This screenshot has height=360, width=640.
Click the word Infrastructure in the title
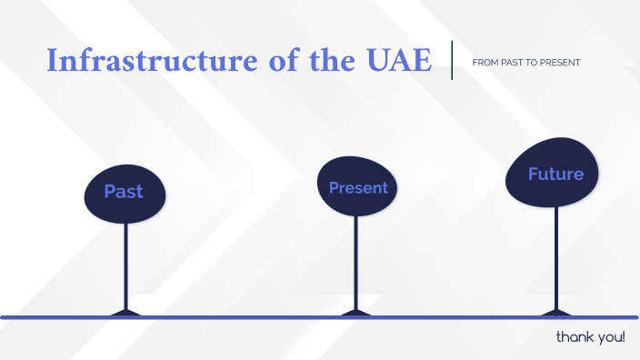pos(146,61)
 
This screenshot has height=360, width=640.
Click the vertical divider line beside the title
pos(452,60)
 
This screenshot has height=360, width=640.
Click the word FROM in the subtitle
pos(484,63)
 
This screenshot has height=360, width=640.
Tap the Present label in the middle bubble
pos(358,188)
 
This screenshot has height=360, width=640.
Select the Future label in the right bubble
pos(555,174)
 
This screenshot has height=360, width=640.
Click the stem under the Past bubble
pos(125,264)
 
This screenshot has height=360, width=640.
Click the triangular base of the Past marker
pos(125,313)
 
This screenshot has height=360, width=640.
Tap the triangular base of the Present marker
pos(355,313)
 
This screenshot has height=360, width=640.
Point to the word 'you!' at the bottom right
pos(609,338)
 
